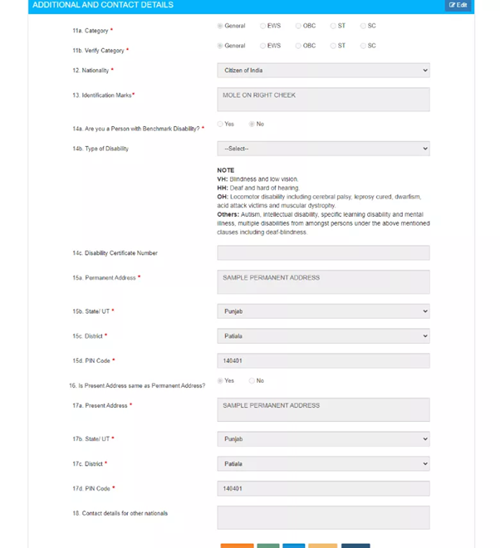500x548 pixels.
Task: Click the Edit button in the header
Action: point(458,5)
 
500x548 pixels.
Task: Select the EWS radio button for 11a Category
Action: point(263,26)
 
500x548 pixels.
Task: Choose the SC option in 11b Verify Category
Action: point(364,46)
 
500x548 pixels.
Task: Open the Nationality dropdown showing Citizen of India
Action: point(323,71)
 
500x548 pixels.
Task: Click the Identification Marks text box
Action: point(323,99)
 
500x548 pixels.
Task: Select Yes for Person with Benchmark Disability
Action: point(221,124)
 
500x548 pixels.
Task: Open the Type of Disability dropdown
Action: point(323,149)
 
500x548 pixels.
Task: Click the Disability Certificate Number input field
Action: point(323,252)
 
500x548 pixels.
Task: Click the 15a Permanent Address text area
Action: point(323,281)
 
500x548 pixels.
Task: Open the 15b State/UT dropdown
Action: point(323,311)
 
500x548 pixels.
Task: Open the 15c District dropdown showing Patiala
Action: point(323,336)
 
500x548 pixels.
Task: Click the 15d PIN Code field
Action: point(323,361)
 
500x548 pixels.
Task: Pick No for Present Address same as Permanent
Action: point(252,380)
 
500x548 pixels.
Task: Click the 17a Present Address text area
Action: point(323,409)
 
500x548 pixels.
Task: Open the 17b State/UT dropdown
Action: point(323,438)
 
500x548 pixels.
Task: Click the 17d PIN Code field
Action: point(323,488)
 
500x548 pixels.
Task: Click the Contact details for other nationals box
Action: point(323,517)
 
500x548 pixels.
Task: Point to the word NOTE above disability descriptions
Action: point(226,170)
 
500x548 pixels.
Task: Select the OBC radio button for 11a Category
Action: point(298,26)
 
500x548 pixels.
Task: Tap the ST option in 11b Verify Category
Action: point(333,46)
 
